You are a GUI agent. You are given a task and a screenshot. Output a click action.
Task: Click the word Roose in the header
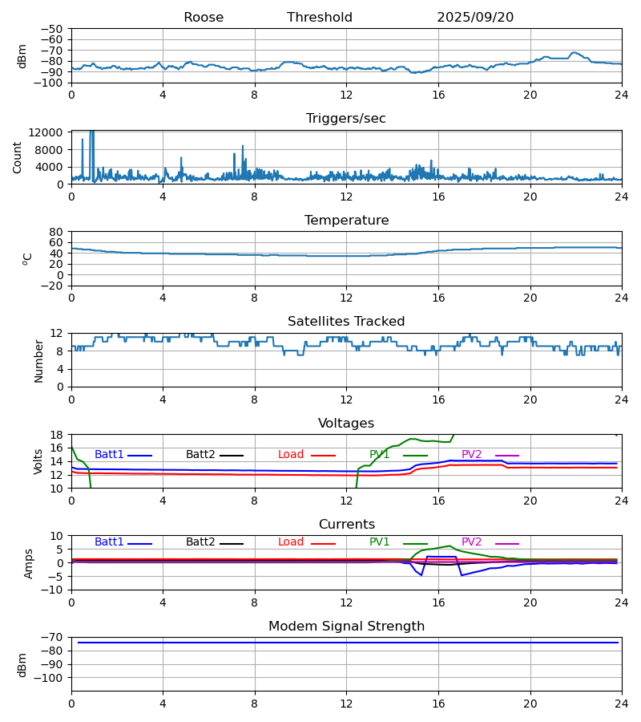point(204,18)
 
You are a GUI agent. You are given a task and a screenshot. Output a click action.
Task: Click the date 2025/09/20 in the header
point(475,18)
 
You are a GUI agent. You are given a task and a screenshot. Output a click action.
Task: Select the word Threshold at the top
point(320,18)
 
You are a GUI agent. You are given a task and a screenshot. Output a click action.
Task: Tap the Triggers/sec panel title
point(346,119)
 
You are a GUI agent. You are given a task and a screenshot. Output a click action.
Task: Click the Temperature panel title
point(346,221)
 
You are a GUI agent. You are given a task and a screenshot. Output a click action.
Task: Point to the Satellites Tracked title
point(346,322)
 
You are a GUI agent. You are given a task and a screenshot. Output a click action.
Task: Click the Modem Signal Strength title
point(346,627)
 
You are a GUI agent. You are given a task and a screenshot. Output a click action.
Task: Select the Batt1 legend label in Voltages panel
point(109,455)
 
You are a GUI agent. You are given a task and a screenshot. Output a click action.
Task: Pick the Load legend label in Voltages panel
point(291,455)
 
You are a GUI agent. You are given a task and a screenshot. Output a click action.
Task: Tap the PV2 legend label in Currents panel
point(472,542)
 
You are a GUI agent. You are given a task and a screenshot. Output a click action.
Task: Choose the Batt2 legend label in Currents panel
point(200,542)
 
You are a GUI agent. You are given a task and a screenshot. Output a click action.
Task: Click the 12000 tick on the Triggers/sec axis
point(50,132)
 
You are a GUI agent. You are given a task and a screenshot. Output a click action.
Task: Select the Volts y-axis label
point(39,461)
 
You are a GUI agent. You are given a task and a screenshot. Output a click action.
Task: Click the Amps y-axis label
point(30,563)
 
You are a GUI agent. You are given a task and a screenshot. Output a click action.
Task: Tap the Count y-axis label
point(18,157)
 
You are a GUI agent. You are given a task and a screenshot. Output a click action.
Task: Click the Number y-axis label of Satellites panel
point(39,360)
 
